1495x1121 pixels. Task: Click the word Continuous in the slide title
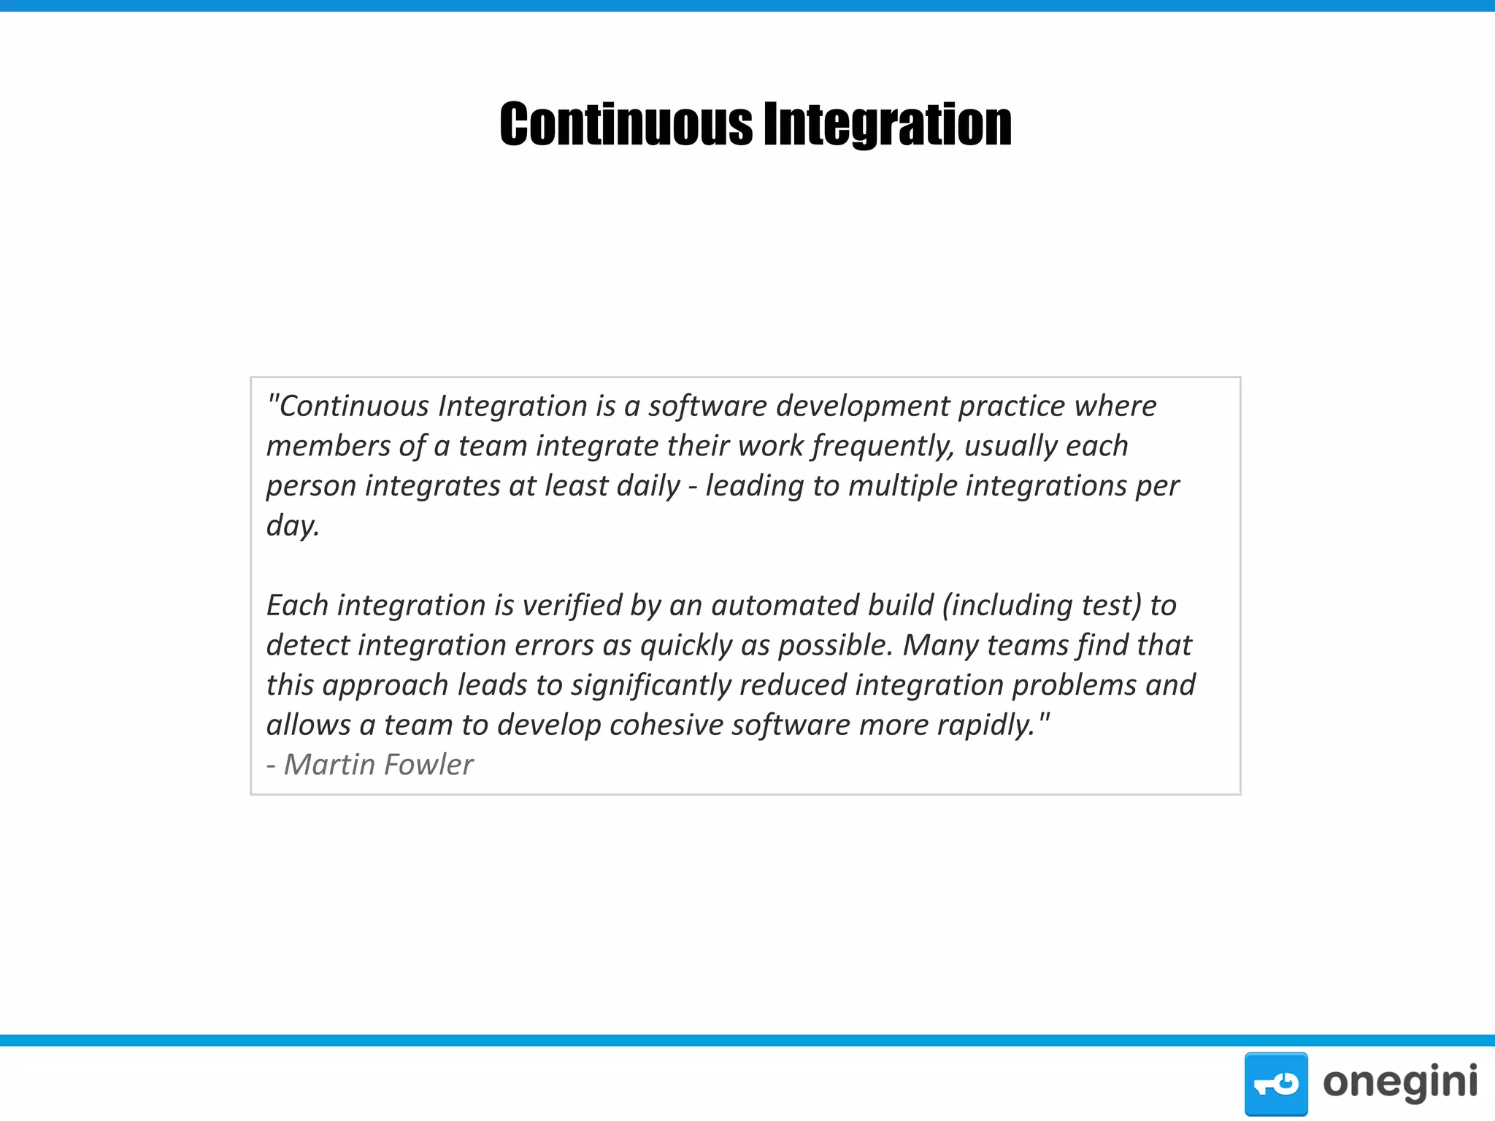[x=626, y=124]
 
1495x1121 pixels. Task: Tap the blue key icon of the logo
[x=1275, y=1083]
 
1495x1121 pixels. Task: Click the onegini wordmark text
[x=1399, y=1082]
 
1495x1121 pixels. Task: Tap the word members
[x=328, y=446]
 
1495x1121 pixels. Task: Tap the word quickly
[x=686, y=646]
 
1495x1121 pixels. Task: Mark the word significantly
[x=650, y=685]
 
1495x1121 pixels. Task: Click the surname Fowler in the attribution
[x=428, y=765]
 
